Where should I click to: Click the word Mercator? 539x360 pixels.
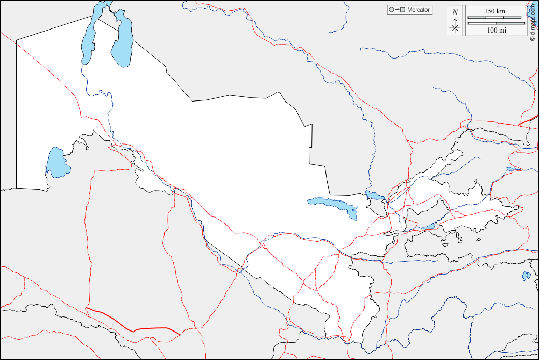click(419, 10)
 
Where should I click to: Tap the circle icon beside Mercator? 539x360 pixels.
click(391, 10)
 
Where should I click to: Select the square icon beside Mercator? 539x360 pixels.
click(402, 10)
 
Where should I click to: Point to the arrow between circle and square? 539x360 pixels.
click(396, 10)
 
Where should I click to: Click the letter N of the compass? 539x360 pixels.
click(455, 12)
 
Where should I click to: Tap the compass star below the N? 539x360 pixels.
click(455, 27)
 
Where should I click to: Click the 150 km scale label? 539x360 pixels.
click(495, 11)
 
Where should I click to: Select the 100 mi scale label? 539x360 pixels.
click(497, 31)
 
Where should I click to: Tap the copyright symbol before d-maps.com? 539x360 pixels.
click(532, 38)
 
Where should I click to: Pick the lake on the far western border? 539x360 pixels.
click(56, 162)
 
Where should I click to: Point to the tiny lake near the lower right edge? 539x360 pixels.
click(526, 276)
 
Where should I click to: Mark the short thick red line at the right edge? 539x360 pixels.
click(529, 121)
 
